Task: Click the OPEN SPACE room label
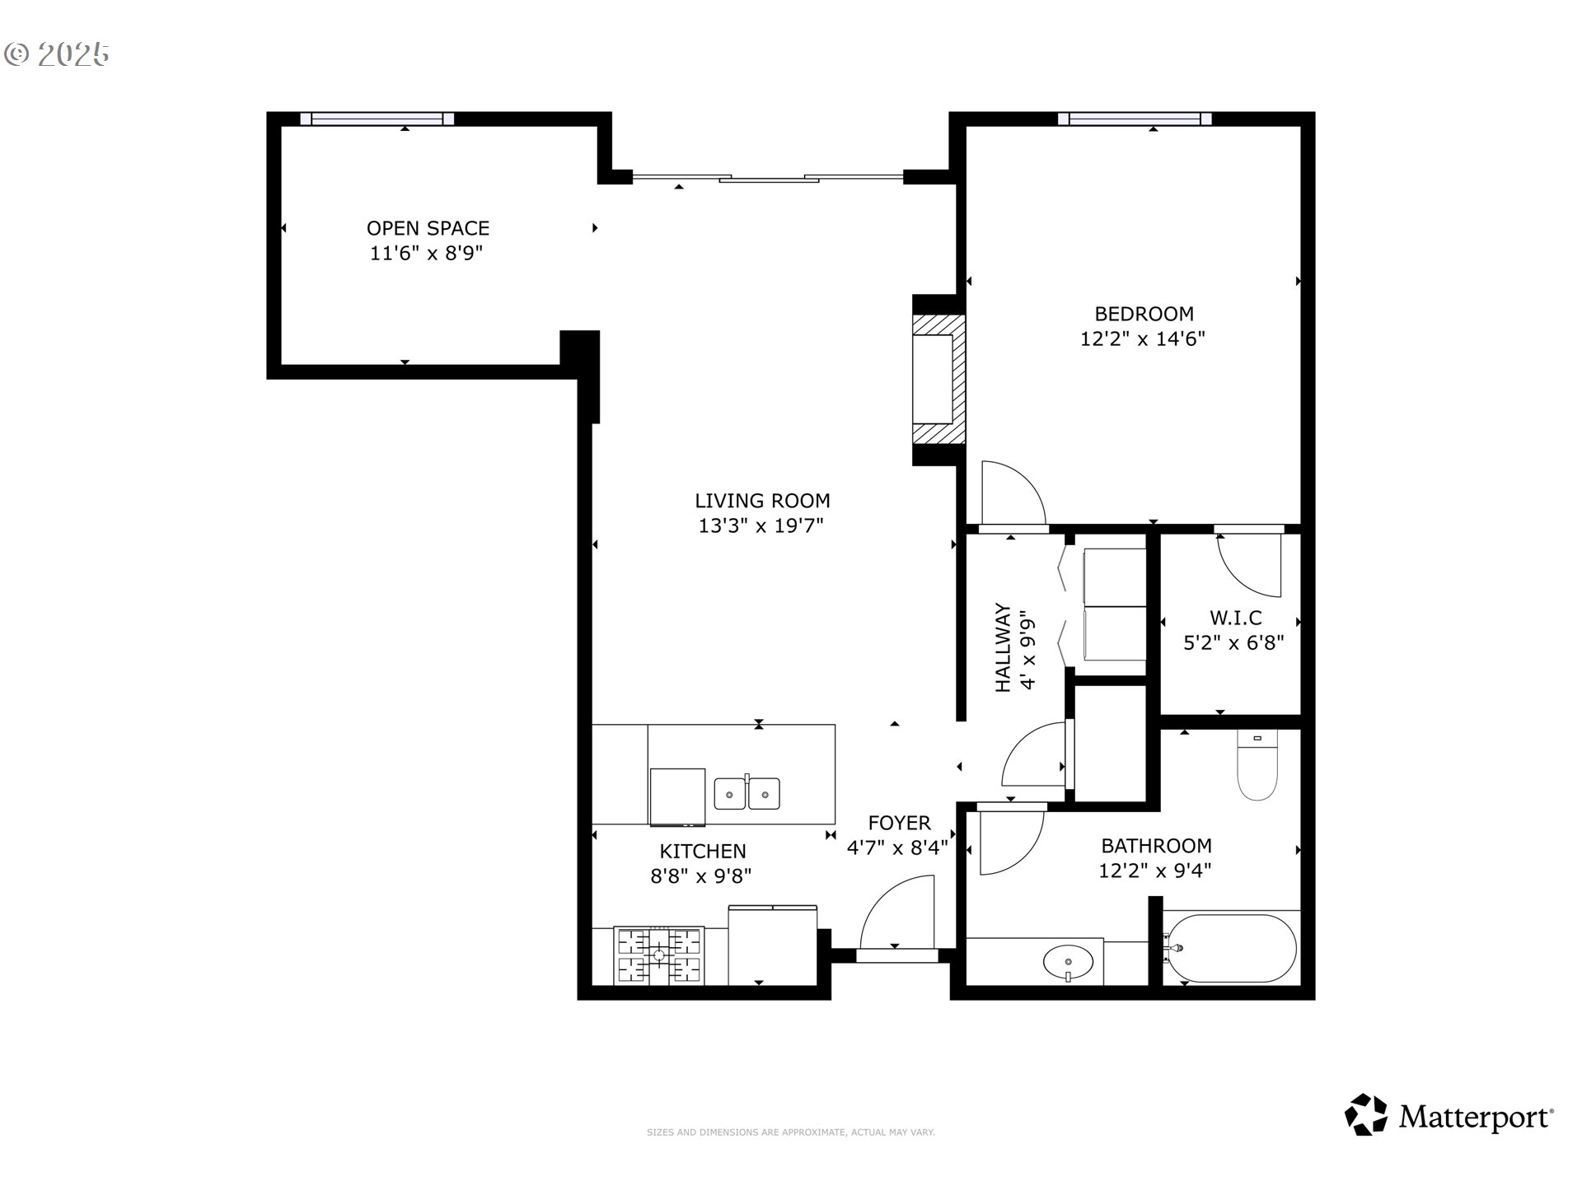click(428, 228)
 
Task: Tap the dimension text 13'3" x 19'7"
click(761, 525)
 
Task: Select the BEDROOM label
click(1144, 314)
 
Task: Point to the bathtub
click(1231, 948)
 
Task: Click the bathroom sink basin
click(1068, 960)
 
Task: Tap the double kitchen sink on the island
click(747, 794)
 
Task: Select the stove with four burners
click(659, 955)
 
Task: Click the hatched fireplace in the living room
click(938, 380)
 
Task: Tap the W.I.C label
click(1235, 618)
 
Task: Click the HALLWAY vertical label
click(1003, 647)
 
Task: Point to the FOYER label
click(899, 823)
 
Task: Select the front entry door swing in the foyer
click(898, 914)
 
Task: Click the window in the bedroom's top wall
click(1135, 119)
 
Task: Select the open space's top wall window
click(377, 119)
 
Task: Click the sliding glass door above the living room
click(768, 177)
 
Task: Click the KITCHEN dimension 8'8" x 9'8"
click(701, 876)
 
